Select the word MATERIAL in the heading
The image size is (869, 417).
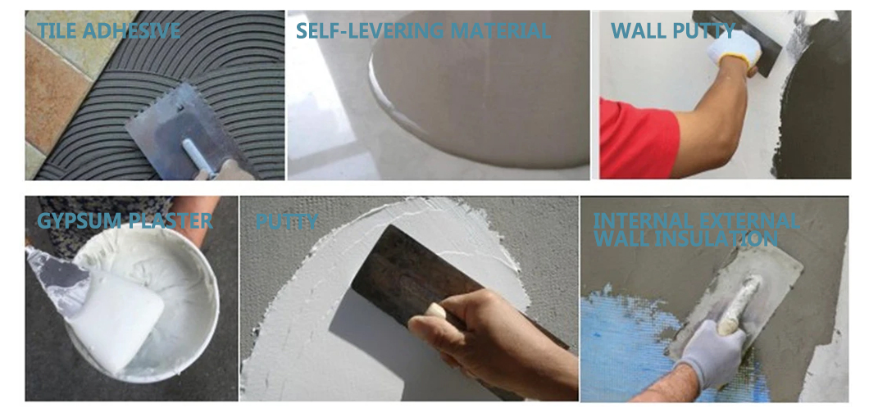pos(501,30)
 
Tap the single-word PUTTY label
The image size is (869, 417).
pos(287,221)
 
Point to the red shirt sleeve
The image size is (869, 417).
pos(637,138)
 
